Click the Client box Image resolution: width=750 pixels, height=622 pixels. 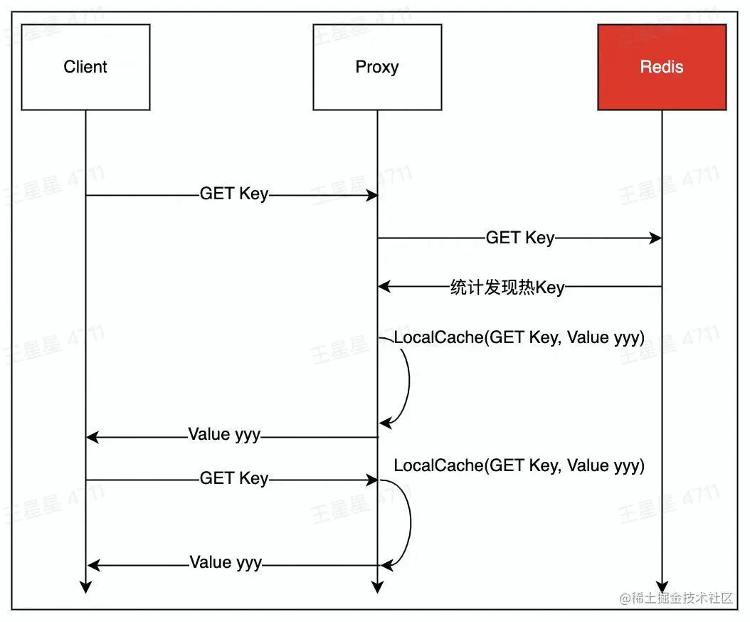point(85,67)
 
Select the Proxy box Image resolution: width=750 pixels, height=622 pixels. point(377,67)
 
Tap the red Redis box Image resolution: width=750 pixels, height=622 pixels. point(662,67)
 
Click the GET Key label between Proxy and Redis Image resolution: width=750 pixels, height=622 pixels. point(519,238)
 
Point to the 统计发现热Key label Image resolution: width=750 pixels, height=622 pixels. point(507,288)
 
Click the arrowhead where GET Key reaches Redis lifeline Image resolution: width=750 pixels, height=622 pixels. point(655,238)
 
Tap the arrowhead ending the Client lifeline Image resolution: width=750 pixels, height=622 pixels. point(85,587)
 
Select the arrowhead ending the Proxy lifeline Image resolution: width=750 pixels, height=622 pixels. point(377,587)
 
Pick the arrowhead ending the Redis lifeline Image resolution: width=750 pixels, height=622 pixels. point(662,587)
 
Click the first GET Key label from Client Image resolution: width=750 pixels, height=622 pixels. point(234,194)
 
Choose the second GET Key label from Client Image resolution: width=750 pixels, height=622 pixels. point(234,478)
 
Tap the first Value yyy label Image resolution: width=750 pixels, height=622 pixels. point(224,434)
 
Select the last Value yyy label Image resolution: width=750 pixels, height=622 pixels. point(226,563)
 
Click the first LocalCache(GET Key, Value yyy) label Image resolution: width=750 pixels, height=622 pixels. point(519,337)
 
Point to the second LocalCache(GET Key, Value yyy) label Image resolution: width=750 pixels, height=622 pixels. point(519,465)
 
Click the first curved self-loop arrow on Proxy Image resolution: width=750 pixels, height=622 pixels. point(408,381)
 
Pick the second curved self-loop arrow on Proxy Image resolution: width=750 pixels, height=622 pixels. point(409,523)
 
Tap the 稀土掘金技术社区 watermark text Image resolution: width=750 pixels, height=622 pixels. point(676,599)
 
